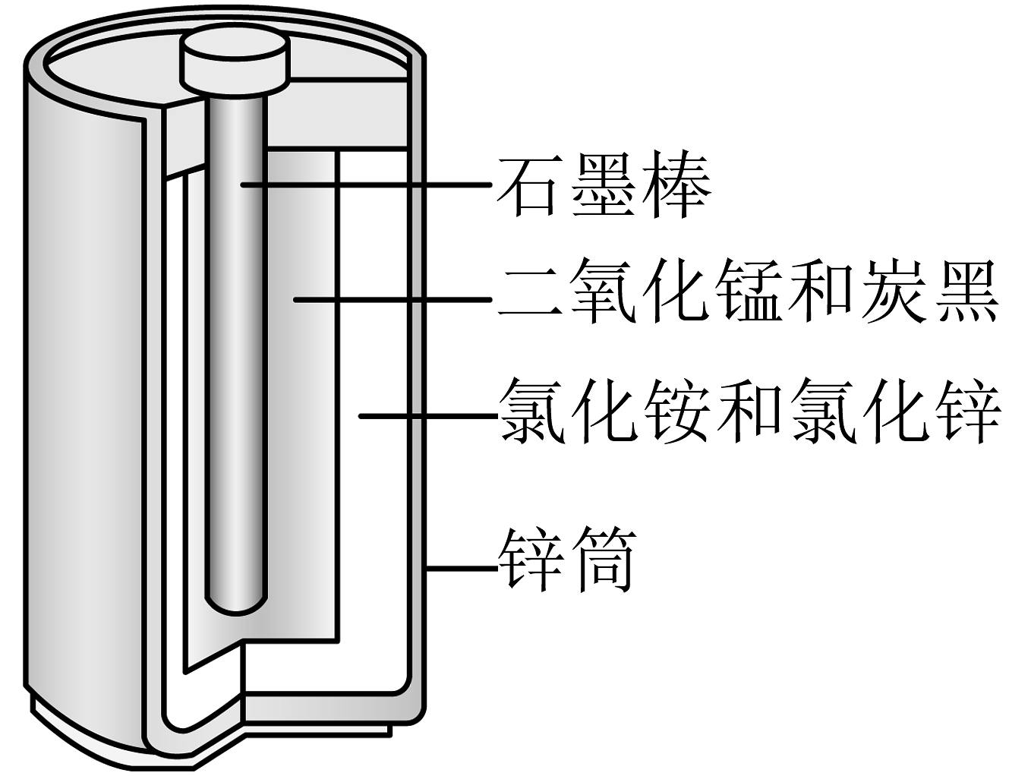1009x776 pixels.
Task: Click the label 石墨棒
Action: pos(604,185)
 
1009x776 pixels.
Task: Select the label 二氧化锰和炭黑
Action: pos(748,292)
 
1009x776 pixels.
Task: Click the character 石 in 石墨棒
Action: pos(528,186)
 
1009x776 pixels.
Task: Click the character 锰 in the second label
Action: pos(749,292)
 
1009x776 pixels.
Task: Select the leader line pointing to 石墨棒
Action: pos(366,185)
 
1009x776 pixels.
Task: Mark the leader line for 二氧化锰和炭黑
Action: pos(393,300)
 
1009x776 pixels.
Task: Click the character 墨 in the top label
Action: pos(604,185)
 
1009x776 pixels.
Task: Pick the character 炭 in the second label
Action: pos(892,292)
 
